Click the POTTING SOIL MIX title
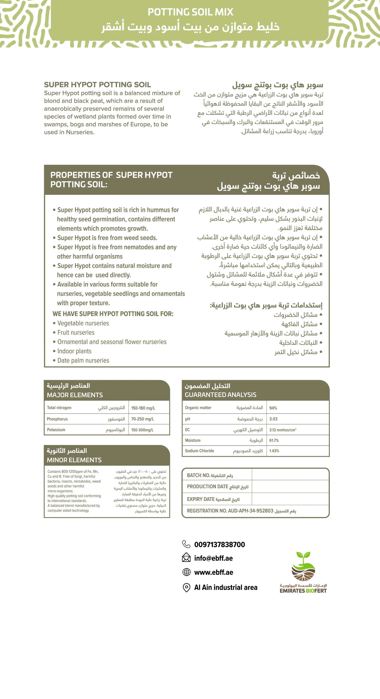click(x=190, y=12)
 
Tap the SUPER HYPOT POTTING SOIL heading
click(x=97, y=85)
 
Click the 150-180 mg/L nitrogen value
click(x=143, y=408)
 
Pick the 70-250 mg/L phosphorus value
click(x=143, y=419)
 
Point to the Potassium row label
click(x=56, y=430)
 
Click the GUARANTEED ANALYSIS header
click(x=220, y=395)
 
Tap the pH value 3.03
click(x=273, y=419)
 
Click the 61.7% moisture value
click(x=274, y=440)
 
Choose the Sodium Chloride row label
click(x=200, y=451)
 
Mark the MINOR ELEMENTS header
click(x=74, y=460)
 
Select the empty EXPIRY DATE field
click(x=290, y=499)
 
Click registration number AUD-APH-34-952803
click(x=250, y=511)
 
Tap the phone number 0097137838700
click(x=220, y=545)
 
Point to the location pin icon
click(x=186, y=587)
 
